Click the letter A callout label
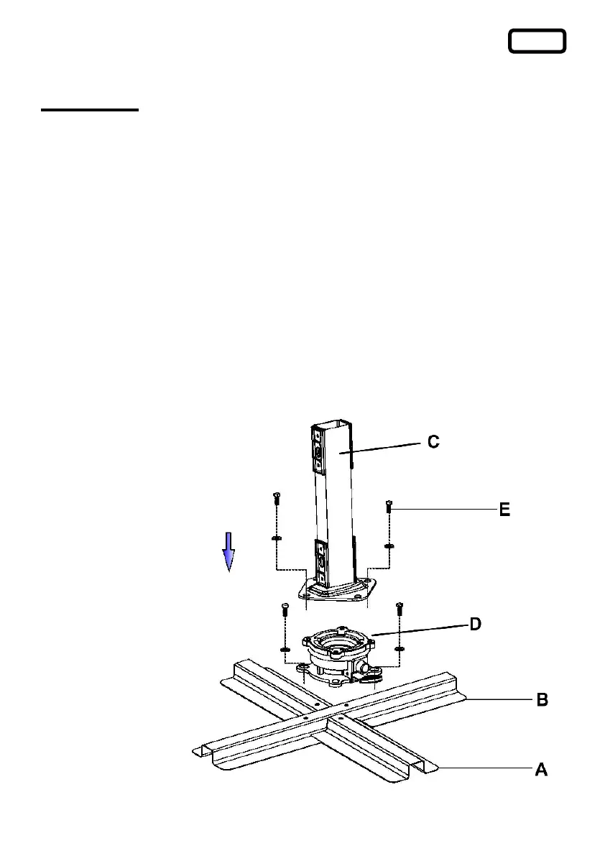541,770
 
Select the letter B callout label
544,699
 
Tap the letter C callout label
433,442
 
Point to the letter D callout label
475,625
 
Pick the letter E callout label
505,510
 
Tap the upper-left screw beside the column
277,497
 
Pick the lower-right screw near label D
400,608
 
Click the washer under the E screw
389,546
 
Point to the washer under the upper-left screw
277,538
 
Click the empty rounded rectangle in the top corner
537,41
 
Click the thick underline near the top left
89,110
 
